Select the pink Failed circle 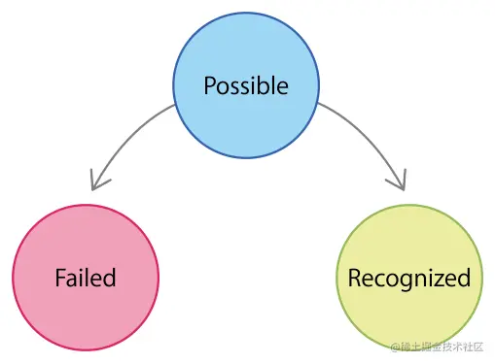coord(86,280)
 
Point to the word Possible coord(246,85)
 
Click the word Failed coord(86,278)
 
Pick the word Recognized coord(408,279)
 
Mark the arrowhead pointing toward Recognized coord(396,181)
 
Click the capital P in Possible coord(210,85)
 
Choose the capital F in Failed coord(60,278)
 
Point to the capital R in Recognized coord(354,279)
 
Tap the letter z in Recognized coord(439,280)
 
